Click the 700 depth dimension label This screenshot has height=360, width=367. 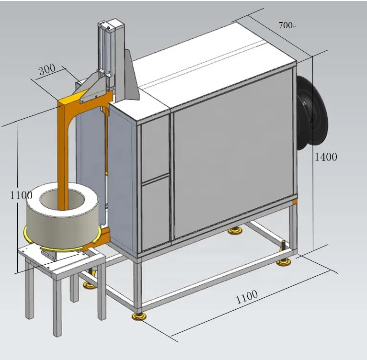[x=286, y=25]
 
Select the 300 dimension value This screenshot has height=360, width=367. [x=46, y=70]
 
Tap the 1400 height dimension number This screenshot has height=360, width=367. [x=325, y=157]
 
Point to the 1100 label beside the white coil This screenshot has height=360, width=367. [x=21, y=195]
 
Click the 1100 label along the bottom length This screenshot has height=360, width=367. [x=246, y=297]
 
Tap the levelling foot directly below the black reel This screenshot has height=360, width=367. [x=283, y=261]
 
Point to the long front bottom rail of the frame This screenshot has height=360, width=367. [x=216, y=282]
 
